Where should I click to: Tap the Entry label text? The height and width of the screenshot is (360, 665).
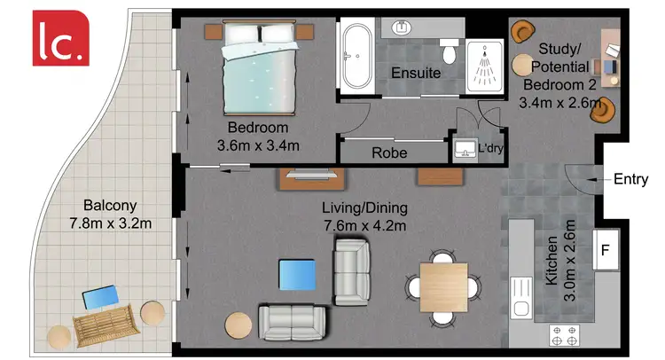[630, 179]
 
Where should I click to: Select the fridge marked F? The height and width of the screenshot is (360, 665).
[607, 249]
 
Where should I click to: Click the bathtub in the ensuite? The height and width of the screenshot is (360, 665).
[358, 56]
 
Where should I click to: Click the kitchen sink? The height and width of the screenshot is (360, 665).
[520, 307]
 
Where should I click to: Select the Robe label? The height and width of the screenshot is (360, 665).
[389, 153]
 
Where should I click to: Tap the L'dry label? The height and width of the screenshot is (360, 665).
[490, 149]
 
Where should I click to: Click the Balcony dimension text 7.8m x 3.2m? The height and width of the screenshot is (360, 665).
[111, 223]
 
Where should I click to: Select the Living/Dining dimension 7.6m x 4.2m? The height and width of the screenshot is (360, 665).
[364, 225]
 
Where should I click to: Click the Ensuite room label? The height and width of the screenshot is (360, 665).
[416, 73]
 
